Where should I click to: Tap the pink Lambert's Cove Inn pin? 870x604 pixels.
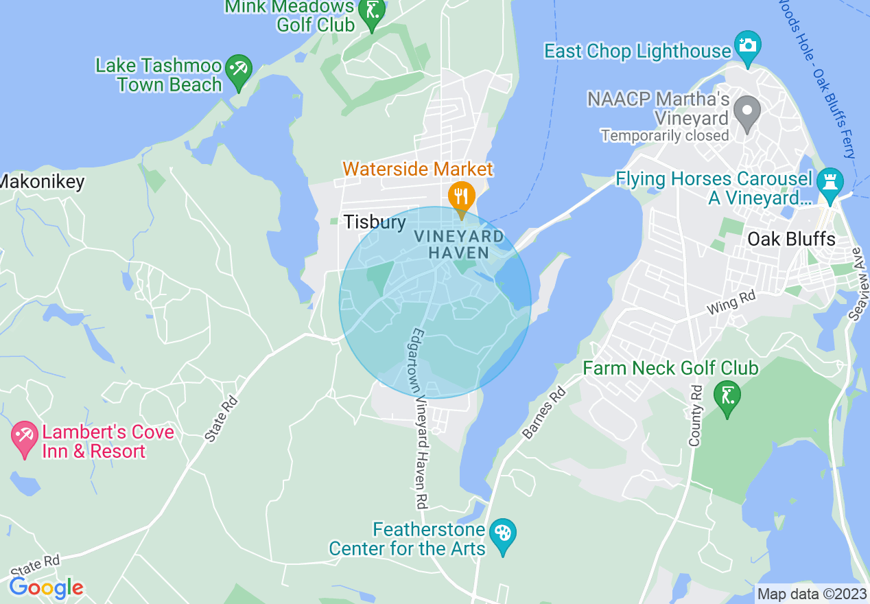click(25, 438)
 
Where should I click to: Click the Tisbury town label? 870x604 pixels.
click(375, 222)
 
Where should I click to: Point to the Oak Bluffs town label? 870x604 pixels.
click(791, 240)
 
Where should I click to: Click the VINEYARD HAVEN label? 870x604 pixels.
click(458, 244)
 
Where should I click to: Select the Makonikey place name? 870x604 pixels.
click(43, 182)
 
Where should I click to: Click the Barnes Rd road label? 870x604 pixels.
click(544, 413)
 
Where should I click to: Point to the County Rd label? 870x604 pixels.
click(696, 416)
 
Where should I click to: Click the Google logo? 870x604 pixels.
click(46, 588)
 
